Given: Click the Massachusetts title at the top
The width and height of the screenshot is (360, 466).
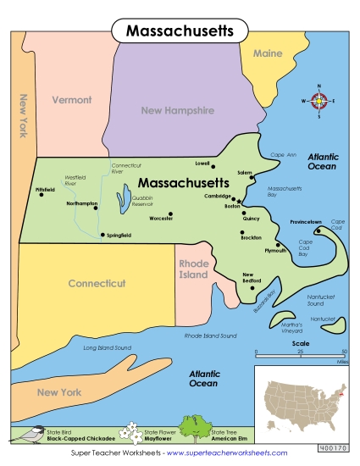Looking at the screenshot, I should tap(180, 31).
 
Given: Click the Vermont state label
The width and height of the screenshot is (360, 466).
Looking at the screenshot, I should tap(72, 100).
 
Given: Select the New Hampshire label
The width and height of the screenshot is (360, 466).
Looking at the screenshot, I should tap(178, 110).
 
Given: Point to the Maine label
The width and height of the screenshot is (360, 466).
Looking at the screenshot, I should tap(268, 53).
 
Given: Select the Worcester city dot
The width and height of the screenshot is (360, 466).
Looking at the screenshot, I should tap(170, 214).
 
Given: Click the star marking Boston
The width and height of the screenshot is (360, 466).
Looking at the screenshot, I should tap(240, 200).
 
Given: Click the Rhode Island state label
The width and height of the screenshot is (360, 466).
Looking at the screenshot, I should tap(193, 269).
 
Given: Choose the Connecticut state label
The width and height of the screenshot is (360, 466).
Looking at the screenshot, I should tap(97, 283).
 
